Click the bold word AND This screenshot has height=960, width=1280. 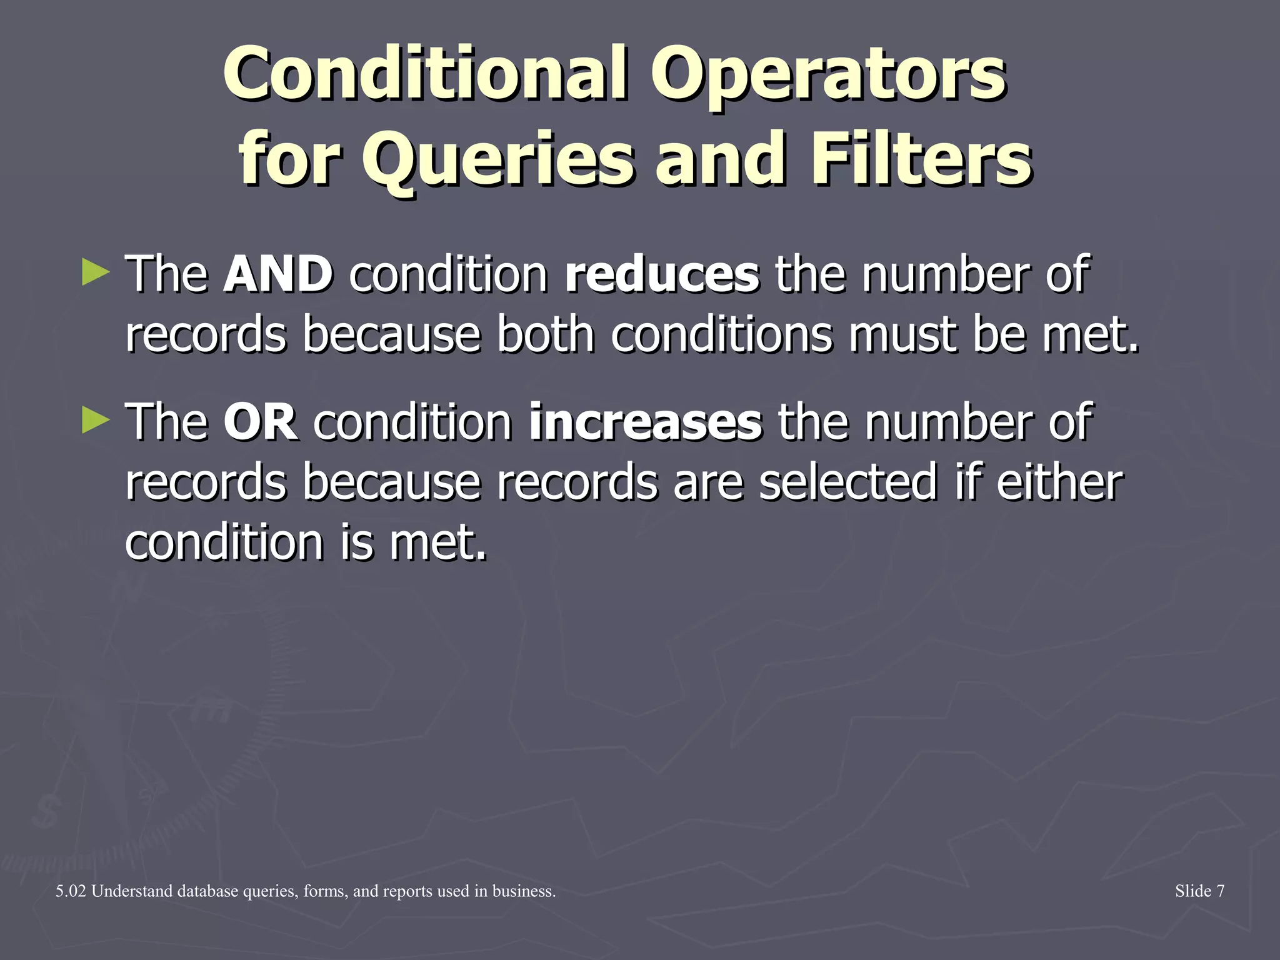click(278, 275)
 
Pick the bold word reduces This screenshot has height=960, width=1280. click(662, 275)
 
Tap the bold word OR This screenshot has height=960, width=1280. click(261, 422)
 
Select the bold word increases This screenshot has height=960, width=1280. click(645, 422)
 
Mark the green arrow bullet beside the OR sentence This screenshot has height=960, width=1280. click(96, 421)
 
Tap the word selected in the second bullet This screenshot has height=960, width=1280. click(847, 482)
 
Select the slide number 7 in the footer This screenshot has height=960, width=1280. click(1219, 891)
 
